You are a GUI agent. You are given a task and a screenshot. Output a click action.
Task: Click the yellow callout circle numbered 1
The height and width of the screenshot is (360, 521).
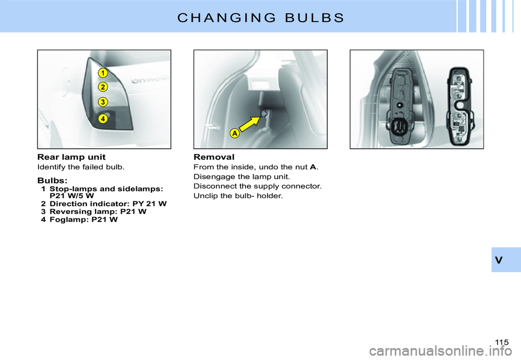(x=103, y=72)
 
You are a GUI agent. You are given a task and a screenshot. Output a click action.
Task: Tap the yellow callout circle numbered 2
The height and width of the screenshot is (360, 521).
(x=103, y=87)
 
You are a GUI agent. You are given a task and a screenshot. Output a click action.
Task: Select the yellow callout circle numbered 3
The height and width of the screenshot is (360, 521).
(x=103, y=102)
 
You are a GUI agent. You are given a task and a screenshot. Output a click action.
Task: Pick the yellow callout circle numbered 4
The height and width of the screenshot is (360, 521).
(x=103, y=117)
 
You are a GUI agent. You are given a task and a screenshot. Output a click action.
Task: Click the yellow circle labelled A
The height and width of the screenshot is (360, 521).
(x=234, y=133)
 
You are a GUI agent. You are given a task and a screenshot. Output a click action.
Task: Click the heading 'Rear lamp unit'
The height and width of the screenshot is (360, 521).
(x=71, y=157)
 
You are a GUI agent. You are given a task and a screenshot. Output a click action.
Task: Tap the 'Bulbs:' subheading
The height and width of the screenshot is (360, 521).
(x=53, y=180)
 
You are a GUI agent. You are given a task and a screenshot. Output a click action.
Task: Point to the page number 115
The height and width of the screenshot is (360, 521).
(x=502, y=342)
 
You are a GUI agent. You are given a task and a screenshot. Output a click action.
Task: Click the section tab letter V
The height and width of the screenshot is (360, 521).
(x=499, y=260)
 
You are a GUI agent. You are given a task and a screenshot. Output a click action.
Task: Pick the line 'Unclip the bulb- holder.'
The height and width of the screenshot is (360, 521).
(x=238, y=195)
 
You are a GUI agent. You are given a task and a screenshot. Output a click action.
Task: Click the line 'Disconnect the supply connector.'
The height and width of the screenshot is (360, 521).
(x=257, y=186)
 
